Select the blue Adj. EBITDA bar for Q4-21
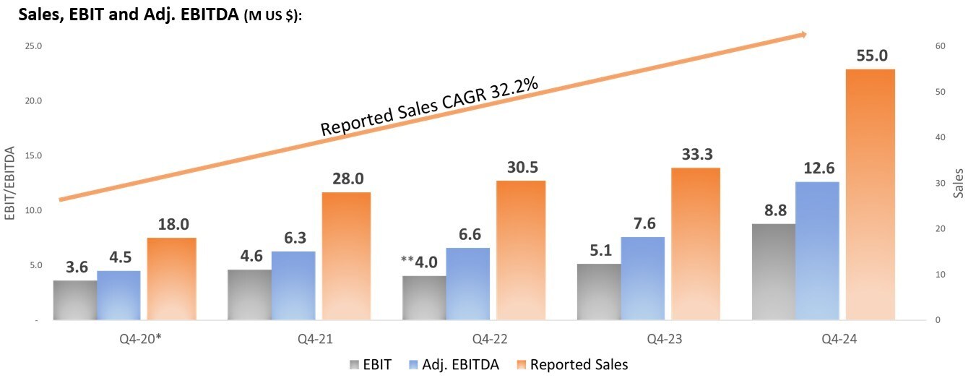(x=293, y=285)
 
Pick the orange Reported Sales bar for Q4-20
(x=171, y=278)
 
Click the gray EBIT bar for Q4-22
(x=423, y=297)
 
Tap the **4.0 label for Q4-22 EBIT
(x=419, y=262)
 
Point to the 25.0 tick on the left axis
(x=33, y=46)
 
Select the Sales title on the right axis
(x=959, y=182)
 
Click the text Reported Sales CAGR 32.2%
(x=430, y=107)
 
